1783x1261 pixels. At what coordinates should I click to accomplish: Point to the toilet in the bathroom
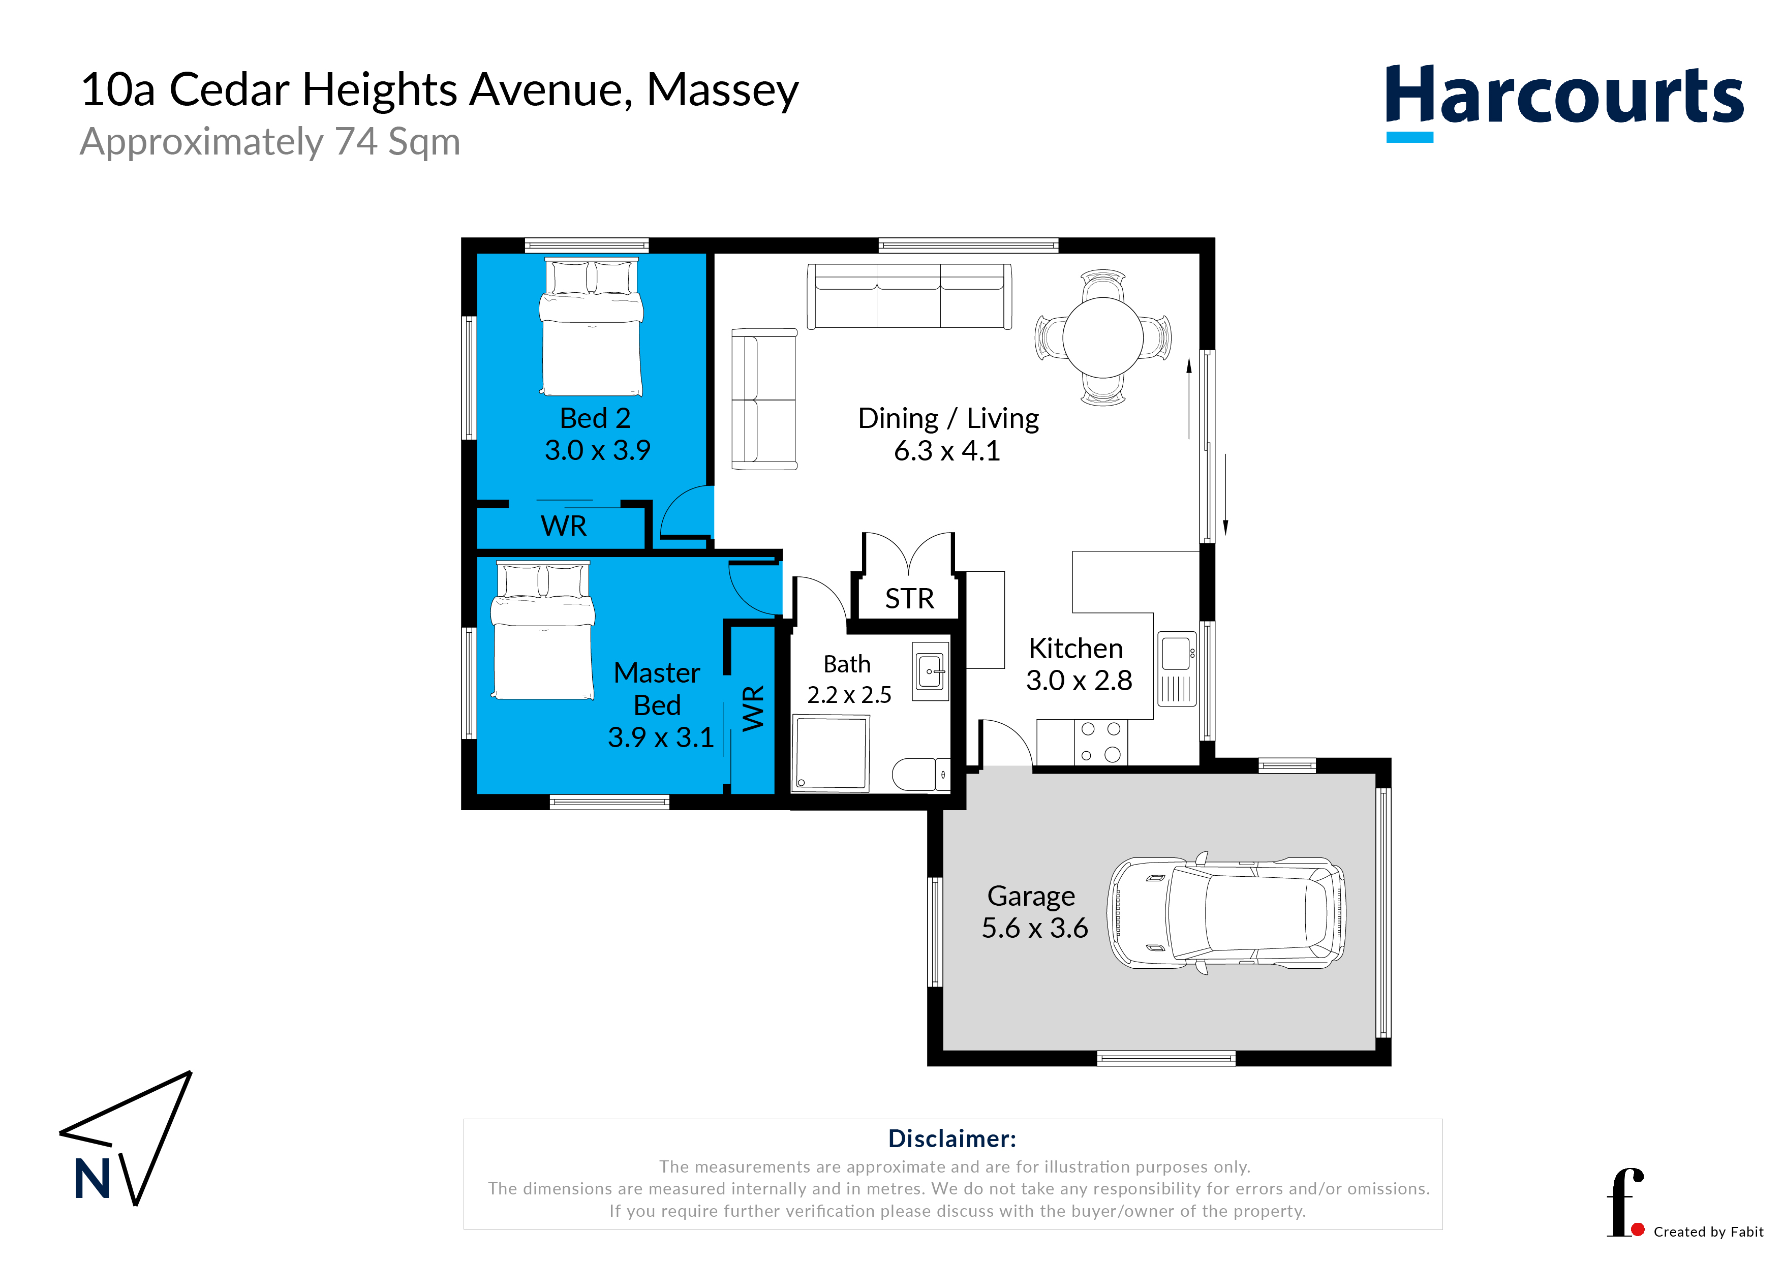(x=921, y=774)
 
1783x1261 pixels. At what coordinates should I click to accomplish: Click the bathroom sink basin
(x=930, y=671)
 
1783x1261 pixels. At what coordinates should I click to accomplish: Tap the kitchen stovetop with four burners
(x=1100, y=742)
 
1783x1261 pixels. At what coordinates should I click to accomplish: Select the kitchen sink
(x=1177, y=668)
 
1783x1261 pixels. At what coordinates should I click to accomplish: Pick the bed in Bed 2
(x=592, y=327)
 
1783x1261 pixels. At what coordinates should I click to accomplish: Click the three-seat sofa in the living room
(x=909, y=296)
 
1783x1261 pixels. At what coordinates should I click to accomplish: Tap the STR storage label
(x=909, y=599)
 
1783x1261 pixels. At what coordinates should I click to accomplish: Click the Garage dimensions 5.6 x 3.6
(x=1034, y=928)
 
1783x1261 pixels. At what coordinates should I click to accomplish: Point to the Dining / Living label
(x=948, y=418)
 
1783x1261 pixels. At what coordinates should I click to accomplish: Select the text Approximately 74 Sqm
(x=270, y=143)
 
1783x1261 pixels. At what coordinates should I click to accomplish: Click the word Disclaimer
(x=952, y=1139)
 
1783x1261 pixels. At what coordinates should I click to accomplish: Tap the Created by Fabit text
(x=1708, y=1232)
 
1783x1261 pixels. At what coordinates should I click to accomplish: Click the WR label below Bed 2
(x=564, y=527)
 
